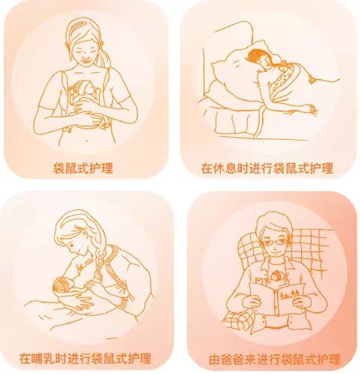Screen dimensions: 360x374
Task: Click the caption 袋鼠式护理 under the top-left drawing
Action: pyautogui.click(x=83, y=168)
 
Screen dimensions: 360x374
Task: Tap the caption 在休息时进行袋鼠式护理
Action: pyautogui.click(x=267, y=168)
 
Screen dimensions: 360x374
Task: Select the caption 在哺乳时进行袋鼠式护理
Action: pyautogui.click(x=85, y=359)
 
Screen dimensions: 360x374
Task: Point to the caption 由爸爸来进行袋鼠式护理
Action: pyautogui.click(x=274, y=360)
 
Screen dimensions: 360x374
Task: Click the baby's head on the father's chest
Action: pyautogui.click(x=276, y=276)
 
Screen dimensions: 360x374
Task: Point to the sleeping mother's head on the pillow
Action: pyautogui.click(x=258, y=59)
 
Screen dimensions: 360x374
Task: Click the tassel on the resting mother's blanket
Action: pyautogui.click(x=312, y=79)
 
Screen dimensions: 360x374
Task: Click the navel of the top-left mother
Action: pyautogui.click(x=87, y=141)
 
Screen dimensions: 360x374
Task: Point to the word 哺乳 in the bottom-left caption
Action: pyautogui.click(x=47, y=359)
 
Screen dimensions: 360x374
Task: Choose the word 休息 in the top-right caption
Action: pyautogui.click(x=228, y=168)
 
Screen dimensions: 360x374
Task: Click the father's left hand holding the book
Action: pyautogui.click(x=301, y=300)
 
